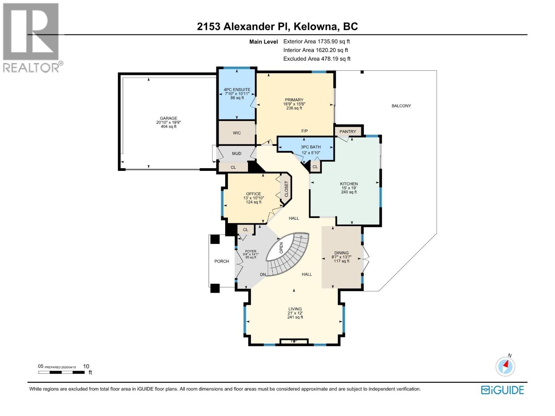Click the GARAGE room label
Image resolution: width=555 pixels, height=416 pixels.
tap(168, 118)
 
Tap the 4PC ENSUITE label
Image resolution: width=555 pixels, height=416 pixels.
tap(237, 89)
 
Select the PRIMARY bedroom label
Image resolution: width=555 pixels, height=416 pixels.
tap(294, 100)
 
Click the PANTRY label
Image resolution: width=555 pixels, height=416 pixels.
tap(348, 131)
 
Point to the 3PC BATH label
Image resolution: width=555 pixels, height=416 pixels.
tap(310, 147)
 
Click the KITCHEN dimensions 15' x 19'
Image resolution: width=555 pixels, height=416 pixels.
tap(349, 188)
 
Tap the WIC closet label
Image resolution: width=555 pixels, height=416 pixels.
tap(237, 133)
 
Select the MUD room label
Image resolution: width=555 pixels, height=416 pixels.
tap(236, 154)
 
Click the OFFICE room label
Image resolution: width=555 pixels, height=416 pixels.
tap(253, 194)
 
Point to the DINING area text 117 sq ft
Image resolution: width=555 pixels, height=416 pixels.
tap(341, 261)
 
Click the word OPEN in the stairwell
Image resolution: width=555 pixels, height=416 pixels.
tap(281, 248)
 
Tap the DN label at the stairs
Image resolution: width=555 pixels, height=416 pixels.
tap(263, 275)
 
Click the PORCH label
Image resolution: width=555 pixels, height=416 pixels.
tap(222, 261)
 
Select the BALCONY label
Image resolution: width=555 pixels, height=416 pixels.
tap(401, 106)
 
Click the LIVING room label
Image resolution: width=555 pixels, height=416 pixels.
tap(295, 309)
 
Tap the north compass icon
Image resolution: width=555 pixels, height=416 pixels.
tap(505, 366)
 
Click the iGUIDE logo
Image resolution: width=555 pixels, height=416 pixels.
tap(502, 390)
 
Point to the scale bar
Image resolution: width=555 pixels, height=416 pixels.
tap(61, 372)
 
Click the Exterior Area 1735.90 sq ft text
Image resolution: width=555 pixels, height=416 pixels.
tap(316, 41)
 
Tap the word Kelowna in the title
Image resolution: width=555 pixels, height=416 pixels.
tap(318, 26)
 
